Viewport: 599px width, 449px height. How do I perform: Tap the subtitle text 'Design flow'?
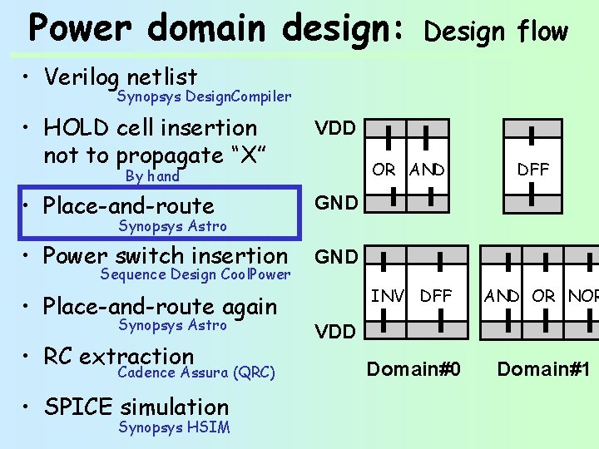point(496,32)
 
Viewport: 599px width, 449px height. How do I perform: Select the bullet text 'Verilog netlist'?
point(121,77)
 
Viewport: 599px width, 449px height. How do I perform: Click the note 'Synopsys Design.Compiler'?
point(204,96)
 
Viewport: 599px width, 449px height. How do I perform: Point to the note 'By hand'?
point(152,176)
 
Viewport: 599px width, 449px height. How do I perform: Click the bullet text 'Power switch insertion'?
point(166,256)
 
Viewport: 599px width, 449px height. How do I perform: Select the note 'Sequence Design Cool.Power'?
point(196,274)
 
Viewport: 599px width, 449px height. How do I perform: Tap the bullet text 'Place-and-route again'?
point(160,306)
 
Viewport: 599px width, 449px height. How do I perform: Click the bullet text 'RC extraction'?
point(119,356)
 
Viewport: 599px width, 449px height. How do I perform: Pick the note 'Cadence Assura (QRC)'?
point(196,373)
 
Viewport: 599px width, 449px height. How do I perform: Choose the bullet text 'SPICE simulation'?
point(136,407)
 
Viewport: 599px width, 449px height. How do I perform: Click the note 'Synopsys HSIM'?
point(174,427)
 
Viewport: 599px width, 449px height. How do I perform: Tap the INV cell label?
point(388,295)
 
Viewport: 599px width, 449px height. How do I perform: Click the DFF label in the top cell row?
point(532,170)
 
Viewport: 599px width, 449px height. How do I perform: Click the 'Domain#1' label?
point(543,368)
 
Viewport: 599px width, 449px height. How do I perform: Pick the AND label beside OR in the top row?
point(427,170)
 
